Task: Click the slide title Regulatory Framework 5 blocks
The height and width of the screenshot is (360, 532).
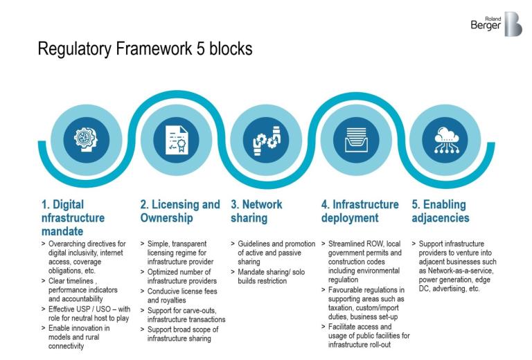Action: point(145,49)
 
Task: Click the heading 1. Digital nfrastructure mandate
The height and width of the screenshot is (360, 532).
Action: point(73,217)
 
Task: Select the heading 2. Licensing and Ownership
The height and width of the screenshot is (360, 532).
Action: point(179,211)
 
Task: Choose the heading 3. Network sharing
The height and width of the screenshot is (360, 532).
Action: point(256,211)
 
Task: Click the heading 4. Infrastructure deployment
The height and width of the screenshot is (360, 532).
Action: point(360,211)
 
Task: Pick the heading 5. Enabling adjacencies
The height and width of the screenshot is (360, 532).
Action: point(440,211)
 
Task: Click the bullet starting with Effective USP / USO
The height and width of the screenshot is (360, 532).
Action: point(90,313)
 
